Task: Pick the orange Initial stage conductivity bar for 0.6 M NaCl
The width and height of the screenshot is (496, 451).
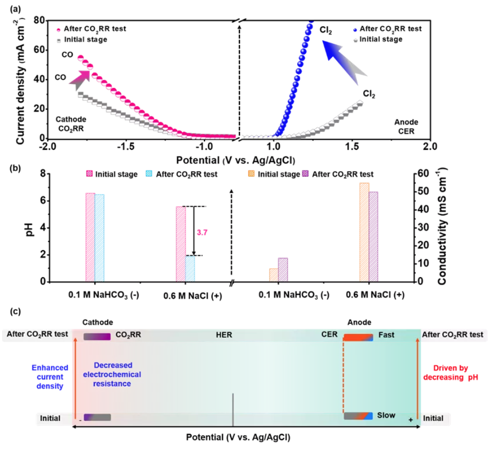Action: [364, 232]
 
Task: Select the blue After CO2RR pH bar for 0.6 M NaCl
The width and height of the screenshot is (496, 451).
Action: [191, 269]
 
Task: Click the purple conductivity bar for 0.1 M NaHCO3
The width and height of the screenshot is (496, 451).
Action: [283, 270]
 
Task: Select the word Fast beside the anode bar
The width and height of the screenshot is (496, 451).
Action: [386, 335]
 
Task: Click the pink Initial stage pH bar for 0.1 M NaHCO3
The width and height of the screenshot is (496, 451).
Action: [90, 237]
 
